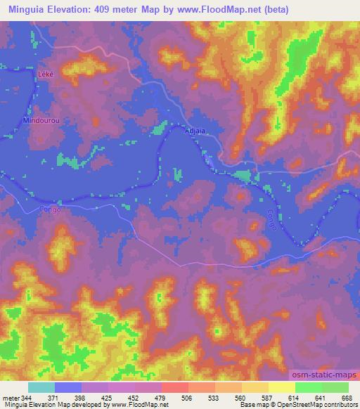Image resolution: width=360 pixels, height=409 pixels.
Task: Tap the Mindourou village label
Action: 39,120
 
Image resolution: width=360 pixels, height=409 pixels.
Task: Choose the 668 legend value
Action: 345,398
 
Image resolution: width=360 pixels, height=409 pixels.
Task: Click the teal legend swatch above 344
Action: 41,387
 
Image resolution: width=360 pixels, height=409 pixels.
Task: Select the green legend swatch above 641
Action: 309,387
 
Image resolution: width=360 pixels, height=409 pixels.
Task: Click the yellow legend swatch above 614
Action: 282,387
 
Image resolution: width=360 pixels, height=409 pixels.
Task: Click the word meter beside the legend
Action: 11,398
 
